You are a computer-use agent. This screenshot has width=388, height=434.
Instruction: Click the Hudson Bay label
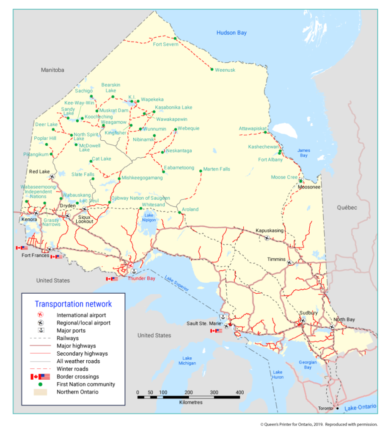(231, 33)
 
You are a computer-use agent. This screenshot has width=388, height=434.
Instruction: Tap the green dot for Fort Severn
(175, 39)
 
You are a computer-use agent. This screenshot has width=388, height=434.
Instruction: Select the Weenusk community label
(225, 70)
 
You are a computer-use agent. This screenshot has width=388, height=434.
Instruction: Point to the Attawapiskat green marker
(265, 133)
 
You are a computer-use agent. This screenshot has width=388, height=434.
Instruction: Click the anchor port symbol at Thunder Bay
(134, 271)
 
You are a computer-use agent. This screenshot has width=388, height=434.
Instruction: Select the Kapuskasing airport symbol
(267, 238)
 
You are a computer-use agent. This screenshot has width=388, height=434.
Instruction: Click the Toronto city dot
(337, 409)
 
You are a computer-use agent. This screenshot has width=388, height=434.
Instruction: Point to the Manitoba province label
(52, 70)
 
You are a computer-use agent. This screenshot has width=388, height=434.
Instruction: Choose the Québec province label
(347, 208)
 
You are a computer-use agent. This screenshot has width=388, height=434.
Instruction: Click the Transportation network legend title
(73, 304)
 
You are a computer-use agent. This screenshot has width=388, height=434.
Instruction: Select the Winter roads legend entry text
(72, 369)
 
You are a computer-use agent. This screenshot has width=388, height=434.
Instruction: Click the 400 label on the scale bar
(239, 392)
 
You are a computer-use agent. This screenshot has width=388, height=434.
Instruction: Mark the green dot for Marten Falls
(201, 171)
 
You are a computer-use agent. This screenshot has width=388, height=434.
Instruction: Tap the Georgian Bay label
(308, 365)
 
